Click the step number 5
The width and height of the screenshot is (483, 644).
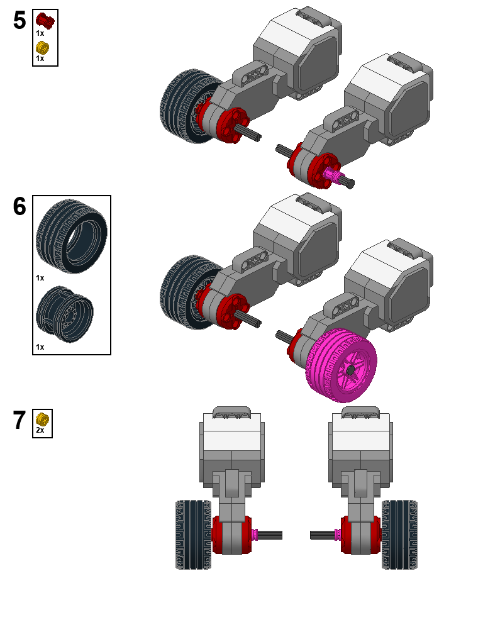[19, 21]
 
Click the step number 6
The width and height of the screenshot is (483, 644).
[19, 206]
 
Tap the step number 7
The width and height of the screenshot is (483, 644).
[19, 421]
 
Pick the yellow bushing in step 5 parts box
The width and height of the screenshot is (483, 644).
[42, 47]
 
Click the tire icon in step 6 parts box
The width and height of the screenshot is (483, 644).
[71, 235]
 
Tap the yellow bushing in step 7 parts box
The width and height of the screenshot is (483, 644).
[42, 419]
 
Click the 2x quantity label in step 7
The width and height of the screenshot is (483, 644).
[40, 430]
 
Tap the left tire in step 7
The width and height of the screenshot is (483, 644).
[194, 535]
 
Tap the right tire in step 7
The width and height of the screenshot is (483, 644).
[400, 535]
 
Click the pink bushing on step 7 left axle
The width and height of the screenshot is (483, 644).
[255, 535]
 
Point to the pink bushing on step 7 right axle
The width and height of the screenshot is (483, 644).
[338, 535]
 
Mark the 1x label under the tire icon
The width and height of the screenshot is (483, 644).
[40, 277]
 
